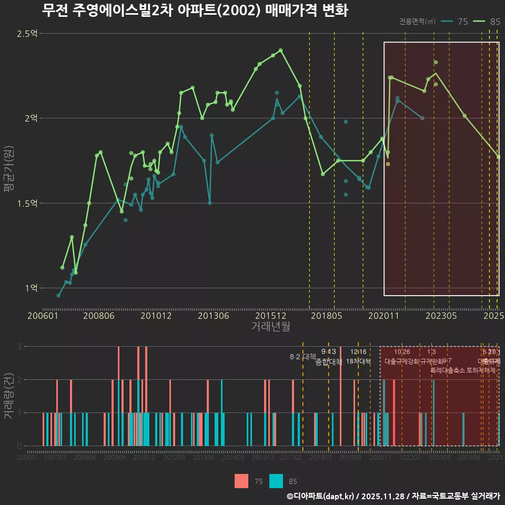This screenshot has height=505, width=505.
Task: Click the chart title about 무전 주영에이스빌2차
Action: coord(195,11)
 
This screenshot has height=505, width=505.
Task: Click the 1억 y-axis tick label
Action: coord(31,288)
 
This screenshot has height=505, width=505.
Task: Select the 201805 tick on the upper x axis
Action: coord(326,316)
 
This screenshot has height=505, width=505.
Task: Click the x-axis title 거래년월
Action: coord(270,327)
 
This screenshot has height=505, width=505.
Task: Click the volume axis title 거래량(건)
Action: coord(8,393)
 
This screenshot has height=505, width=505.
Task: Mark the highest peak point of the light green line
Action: coord(281,50)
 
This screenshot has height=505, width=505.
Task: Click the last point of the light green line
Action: coord(498,157)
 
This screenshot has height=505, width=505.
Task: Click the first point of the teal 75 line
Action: coord(58,296)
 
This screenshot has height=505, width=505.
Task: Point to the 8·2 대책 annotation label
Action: coord(302,357)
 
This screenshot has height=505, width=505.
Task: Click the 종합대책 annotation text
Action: coord(329,362)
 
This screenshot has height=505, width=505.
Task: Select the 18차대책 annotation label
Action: coord(358,361)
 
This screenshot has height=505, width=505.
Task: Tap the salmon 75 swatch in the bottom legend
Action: coord(241,481)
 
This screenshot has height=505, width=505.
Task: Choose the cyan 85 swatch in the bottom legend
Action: coord(276,481)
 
